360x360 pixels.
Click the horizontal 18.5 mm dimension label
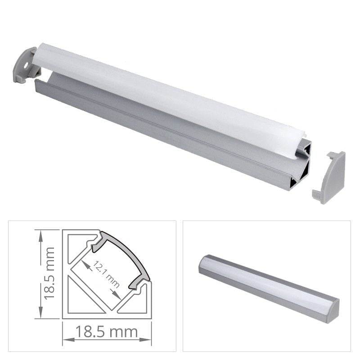click(106, 333)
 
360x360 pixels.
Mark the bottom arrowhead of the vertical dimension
click(41, 315)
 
